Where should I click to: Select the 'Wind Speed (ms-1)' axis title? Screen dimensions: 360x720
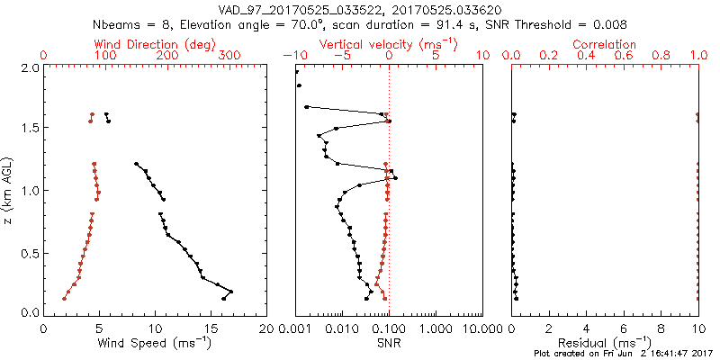click(155, 342)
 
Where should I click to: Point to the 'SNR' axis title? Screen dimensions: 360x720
click(388, 342)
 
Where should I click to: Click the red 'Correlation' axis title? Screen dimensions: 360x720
click(605, 44)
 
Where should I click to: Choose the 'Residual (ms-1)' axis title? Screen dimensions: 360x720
click(605, 342)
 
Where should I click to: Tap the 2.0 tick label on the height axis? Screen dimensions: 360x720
click(28, 67)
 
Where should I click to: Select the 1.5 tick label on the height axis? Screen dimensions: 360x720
click(28, 129)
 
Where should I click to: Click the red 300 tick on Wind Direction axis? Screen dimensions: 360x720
click(230, 56)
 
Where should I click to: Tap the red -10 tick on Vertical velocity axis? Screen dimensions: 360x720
click(295, 56)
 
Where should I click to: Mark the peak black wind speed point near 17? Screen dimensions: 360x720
click(231, 292)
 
